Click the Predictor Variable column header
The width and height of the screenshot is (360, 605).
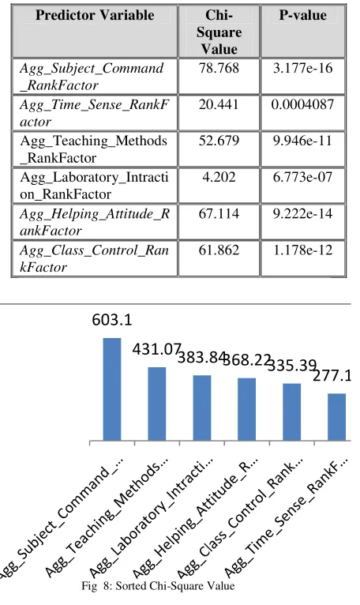(x=95, y=15)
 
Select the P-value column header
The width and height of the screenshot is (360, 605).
(x=303, y=15)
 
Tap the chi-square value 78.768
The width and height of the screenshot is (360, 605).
(x=219, y=68)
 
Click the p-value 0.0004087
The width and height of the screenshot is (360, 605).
(x=302, y=104)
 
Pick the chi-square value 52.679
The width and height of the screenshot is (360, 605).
(x=219, y=141)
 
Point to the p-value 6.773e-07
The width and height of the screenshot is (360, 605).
(x=302, y=177)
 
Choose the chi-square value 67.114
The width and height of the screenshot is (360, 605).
(x=219, y=213)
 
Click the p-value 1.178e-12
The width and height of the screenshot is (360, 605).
(x=302, y=250)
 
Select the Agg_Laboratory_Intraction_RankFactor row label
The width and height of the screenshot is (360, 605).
(x=94, y=186)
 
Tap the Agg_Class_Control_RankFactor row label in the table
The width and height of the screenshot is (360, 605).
(x=94, y=258)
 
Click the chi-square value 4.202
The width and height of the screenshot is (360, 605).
(x=219, y=177)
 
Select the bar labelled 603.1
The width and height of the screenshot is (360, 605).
(x=112, y=389)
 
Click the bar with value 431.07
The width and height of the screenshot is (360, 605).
(x=157, y=404)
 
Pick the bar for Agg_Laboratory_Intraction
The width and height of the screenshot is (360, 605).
(x=202, y=408)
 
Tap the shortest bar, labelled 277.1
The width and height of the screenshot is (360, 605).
(x=337, y=417)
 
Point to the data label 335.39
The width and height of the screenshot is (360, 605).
(x=292, y=365)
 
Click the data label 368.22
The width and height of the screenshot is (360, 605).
(x=247, y=359)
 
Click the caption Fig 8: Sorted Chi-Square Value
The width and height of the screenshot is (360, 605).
(x=158, y=586)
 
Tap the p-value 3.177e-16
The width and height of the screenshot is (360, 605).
(x=302, y=68)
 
